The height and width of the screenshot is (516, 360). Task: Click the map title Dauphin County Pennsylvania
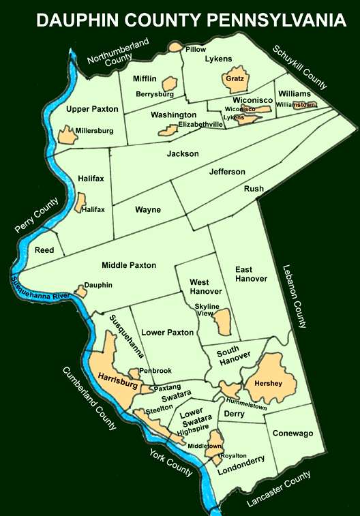point(192,20)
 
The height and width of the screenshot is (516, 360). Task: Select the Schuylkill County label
point(300,67)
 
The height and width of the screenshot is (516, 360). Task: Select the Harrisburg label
point(118,376)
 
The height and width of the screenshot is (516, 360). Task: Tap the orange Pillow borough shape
point(175,48)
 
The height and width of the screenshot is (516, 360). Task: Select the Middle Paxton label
point(129,265)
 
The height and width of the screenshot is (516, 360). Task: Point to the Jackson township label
point(183,154)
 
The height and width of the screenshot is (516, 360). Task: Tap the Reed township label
point(44,251)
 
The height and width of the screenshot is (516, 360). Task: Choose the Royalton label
point(233,455)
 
